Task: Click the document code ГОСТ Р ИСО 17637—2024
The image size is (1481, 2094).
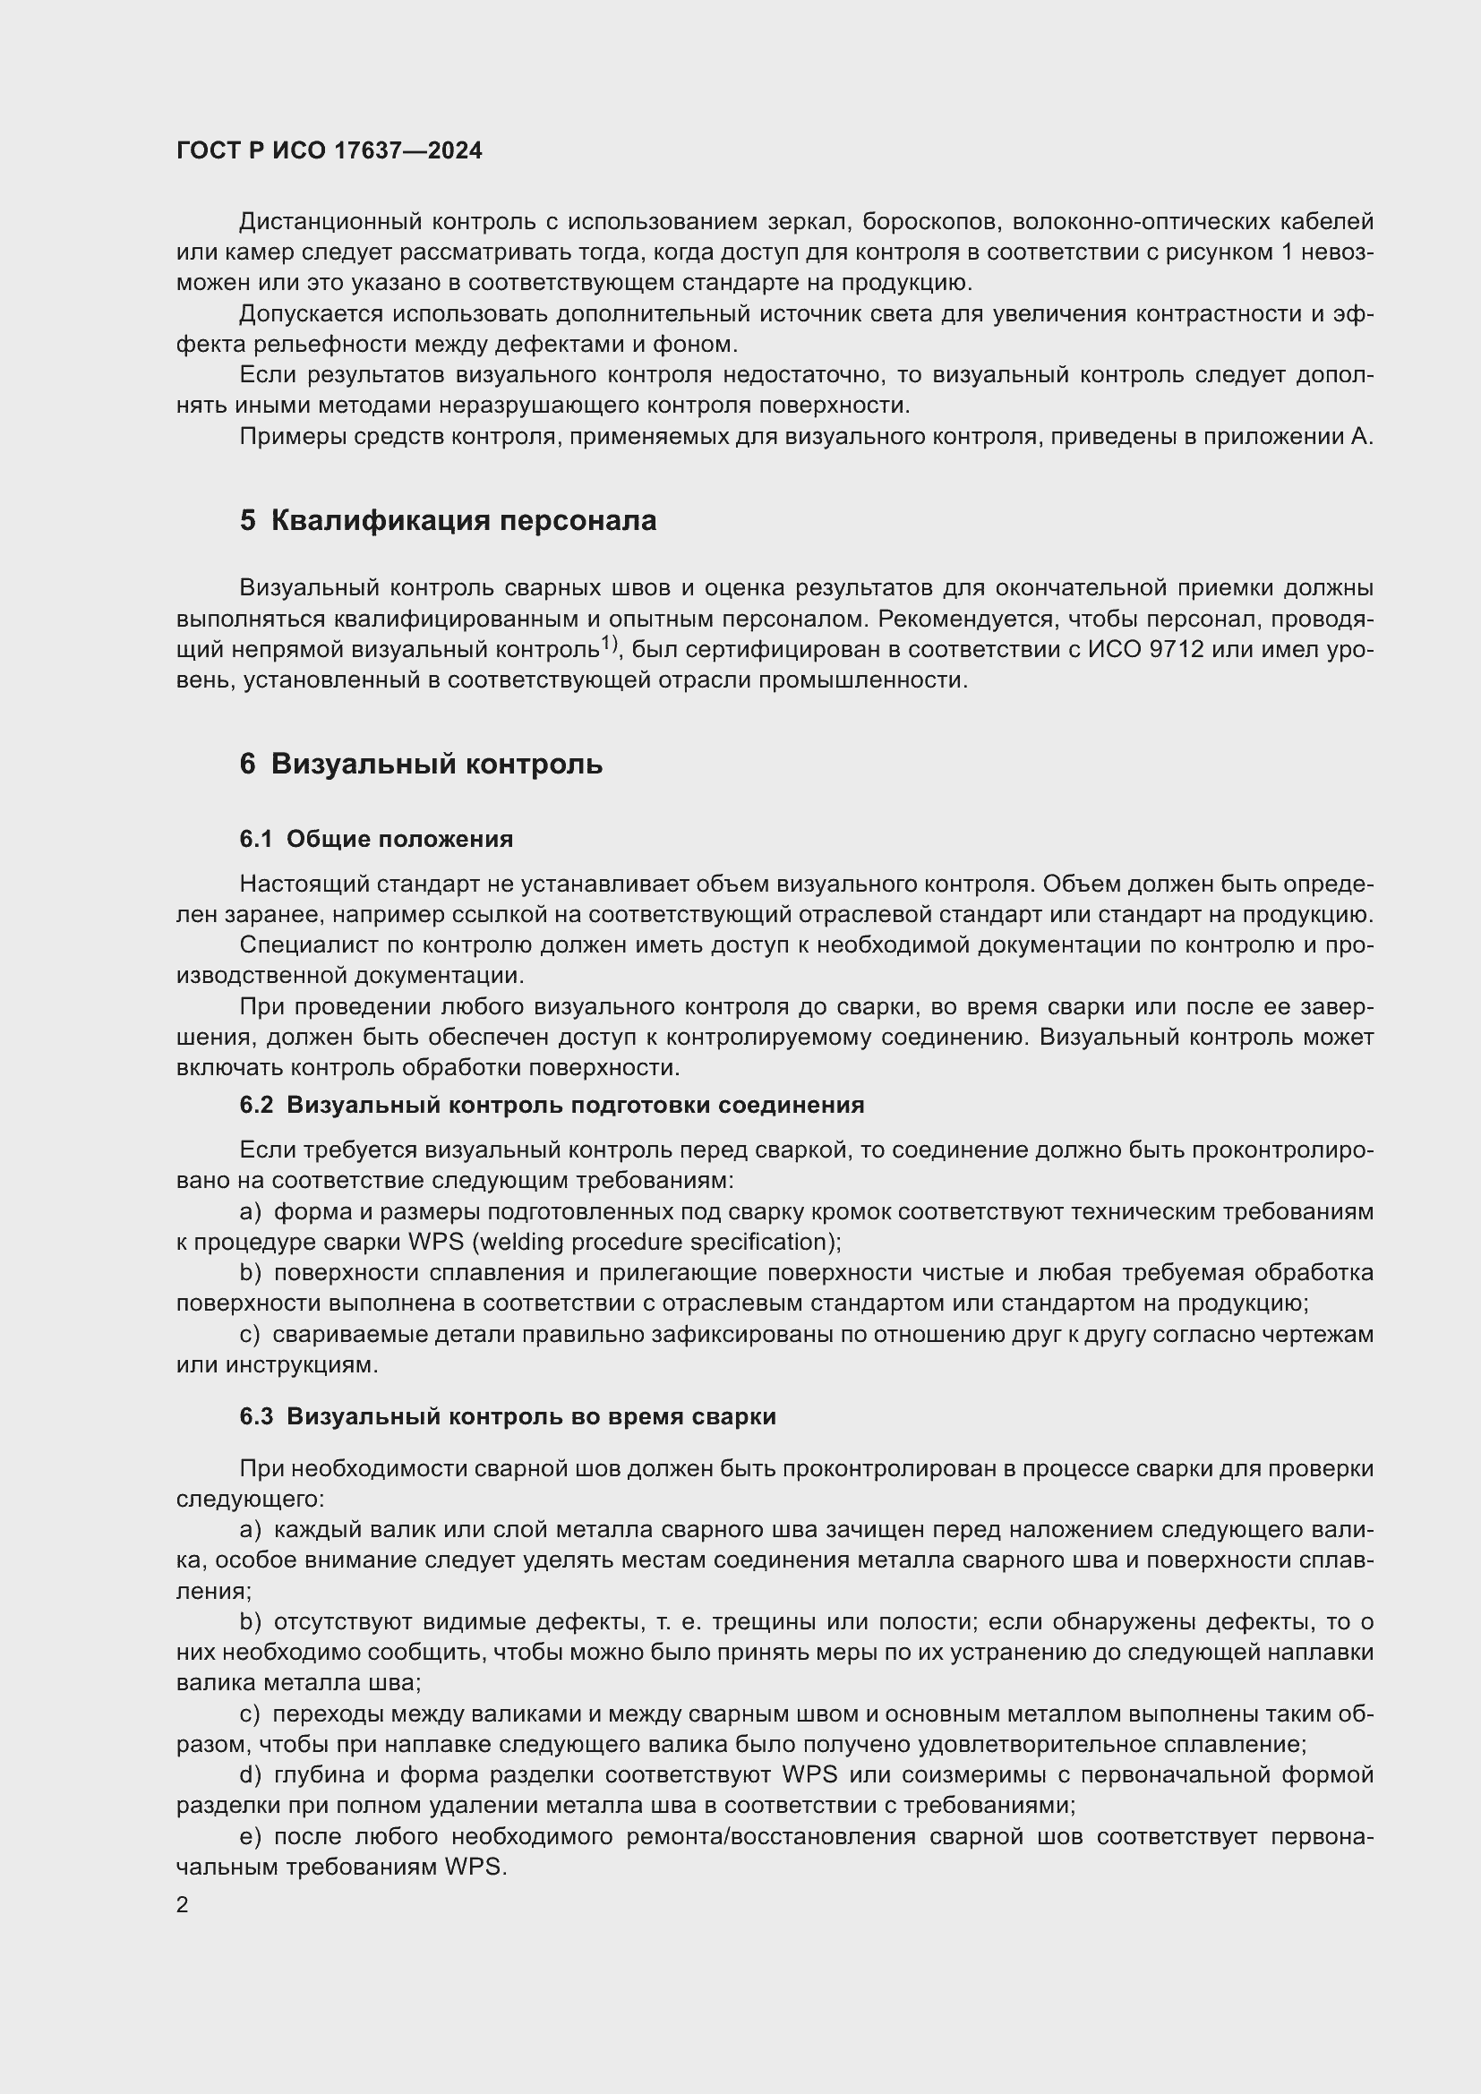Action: (330, 151)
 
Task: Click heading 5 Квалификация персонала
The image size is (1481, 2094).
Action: (448, 521)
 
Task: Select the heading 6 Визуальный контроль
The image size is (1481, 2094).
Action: (422, 764)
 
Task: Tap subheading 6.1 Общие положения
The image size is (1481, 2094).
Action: (377, 839)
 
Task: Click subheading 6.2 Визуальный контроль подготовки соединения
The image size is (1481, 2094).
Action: (552, 1105)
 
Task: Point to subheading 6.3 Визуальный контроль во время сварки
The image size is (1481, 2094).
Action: (508, 1415)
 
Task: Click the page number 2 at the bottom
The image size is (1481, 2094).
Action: (183, 1904)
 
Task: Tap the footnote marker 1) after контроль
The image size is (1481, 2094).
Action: (609, 645)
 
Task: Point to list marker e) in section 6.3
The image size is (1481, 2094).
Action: (250, 1836)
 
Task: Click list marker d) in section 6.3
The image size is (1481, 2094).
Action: (250, 1774)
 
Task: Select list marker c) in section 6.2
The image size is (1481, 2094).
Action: (250, 1334)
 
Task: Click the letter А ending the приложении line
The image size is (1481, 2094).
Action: (1363, 437)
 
